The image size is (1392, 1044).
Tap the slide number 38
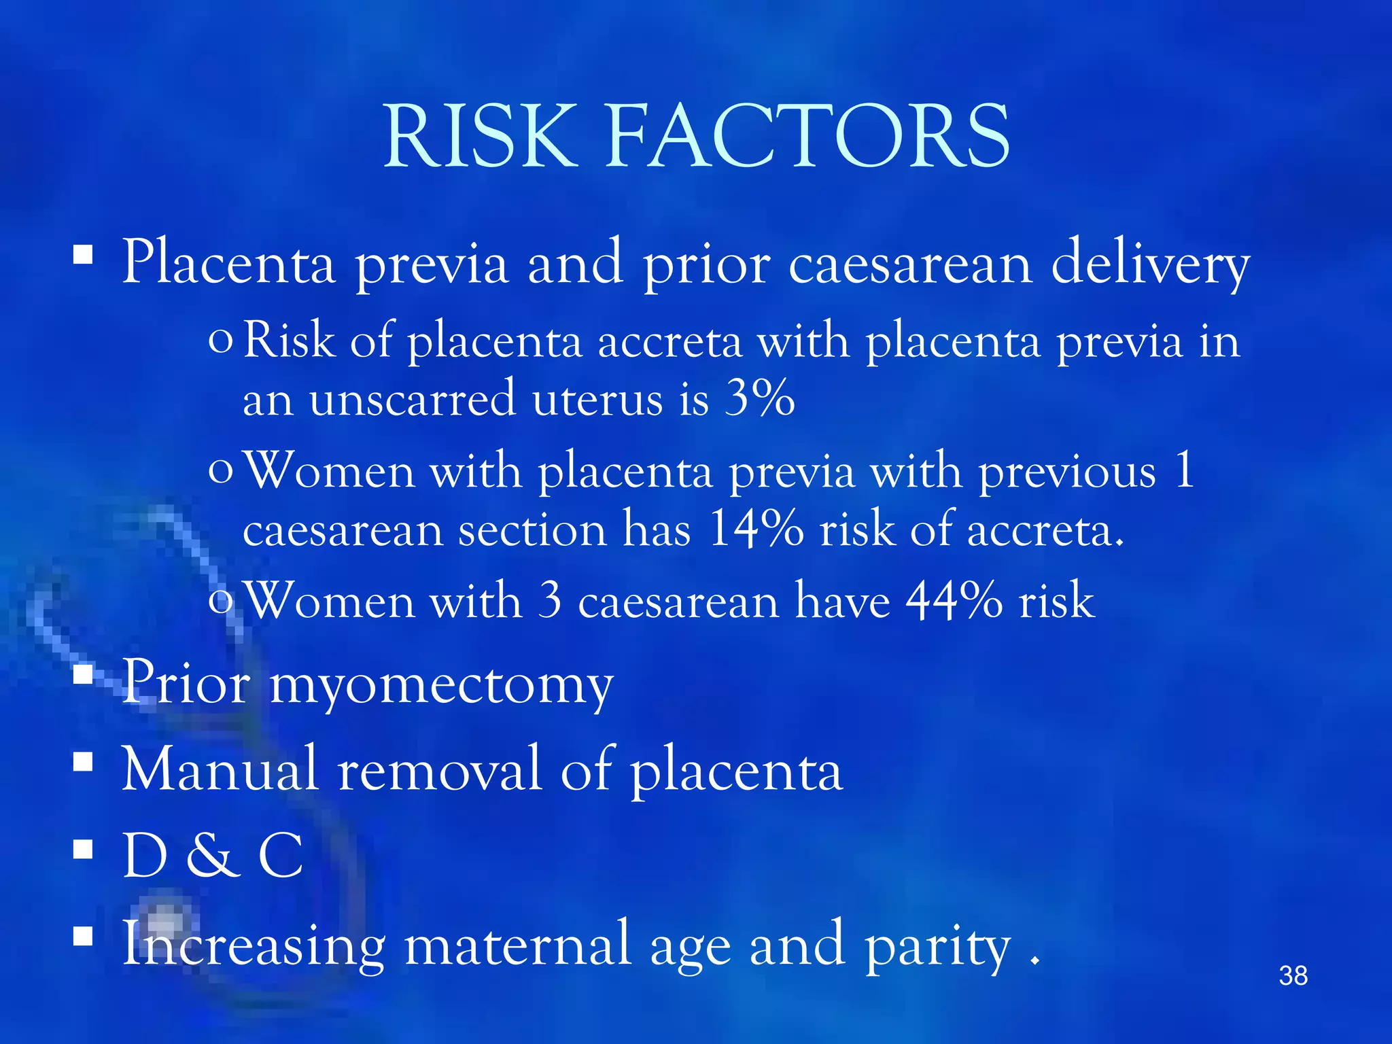pos(1293,976)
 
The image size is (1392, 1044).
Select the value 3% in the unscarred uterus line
pos(759,398)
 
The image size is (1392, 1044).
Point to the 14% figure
pos(755,529)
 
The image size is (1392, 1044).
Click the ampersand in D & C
pos(212,856)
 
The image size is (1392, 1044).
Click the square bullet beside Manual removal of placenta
pos(83,762)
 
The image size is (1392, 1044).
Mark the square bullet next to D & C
pos(83,849)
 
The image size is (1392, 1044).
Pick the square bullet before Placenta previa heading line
pos(83,255)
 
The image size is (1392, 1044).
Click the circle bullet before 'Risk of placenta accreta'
pos(220,340)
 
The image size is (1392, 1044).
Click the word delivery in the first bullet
pos(1150,265)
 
